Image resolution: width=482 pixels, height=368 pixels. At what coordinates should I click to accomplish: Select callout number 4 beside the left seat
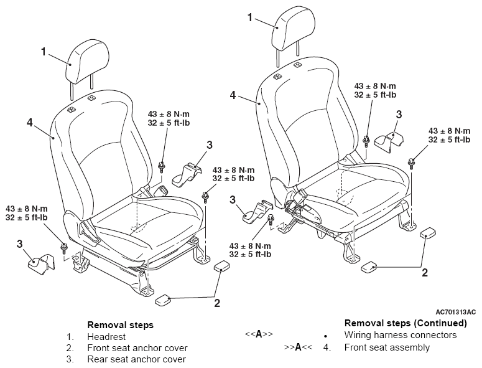[x=29, y=123]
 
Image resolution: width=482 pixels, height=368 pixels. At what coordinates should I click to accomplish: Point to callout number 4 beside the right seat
[x=233, y=95]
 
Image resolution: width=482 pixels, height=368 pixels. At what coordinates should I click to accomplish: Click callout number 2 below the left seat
[x=217, y=303]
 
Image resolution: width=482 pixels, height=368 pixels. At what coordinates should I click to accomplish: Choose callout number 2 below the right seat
[x=425, y=273]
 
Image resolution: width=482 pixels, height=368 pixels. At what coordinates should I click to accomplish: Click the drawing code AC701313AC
[x=455, y=312]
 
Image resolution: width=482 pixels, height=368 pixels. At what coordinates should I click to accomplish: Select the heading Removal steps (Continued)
[x=406, y=323]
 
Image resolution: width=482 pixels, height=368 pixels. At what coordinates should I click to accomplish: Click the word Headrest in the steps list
[x=106, y=337]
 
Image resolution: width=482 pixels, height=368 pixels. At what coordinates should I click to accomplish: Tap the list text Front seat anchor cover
[x=137, y=348]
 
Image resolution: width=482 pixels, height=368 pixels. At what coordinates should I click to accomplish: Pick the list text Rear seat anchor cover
[x=137, y=359]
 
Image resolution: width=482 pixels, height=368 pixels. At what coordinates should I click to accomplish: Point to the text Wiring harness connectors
[x=401, y=335]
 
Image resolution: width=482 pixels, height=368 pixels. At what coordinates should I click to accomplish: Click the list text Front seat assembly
[x=387, y=347]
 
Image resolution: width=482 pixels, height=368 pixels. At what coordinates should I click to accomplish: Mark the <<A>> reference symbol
[x=259, y=334]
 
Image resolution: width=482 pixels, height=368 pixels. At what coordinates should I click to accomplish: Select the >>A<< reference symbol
[x=298, y=347]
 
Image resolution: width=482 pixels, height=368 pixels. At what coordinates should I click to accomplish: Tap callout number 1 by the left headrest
[x=44, y=52]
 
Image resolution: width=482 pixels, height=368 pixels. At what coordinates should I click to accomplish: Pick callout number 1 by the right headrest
[x=250, y=17]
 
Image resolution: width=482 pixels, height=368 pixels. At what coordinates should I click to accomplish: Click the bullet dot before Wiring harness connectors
[x=325, y=336]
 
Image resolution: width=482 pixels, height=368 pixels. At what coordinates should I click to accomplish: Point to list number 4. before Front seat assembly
[x=327, y=347]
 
